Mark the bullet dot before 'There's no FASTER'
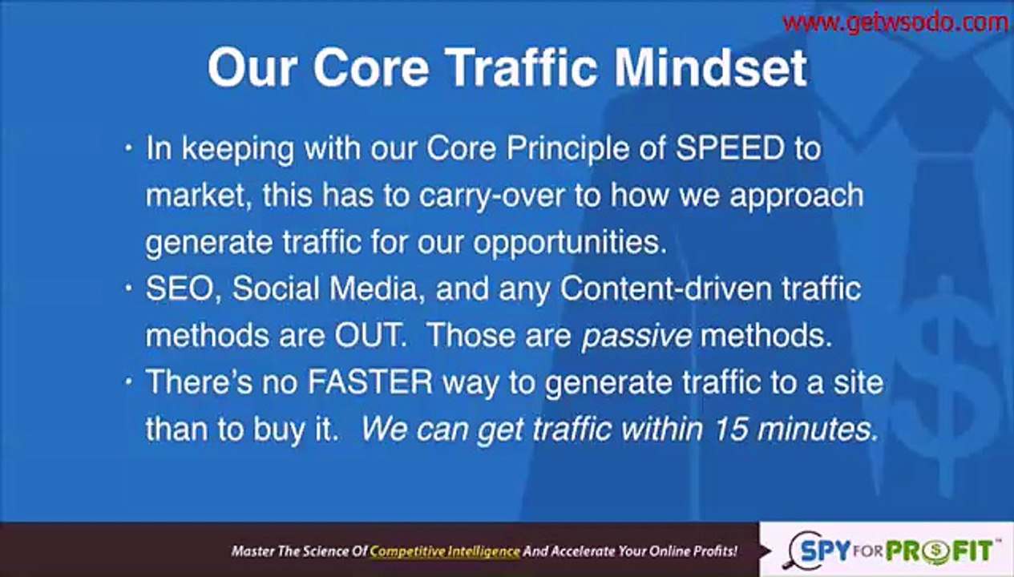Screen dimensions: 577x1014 (129, 382)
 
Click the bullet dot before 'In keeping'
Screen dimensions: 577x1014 (129, 149)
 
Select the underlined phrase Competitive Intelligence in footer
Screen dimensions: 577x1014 (444, 551)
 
